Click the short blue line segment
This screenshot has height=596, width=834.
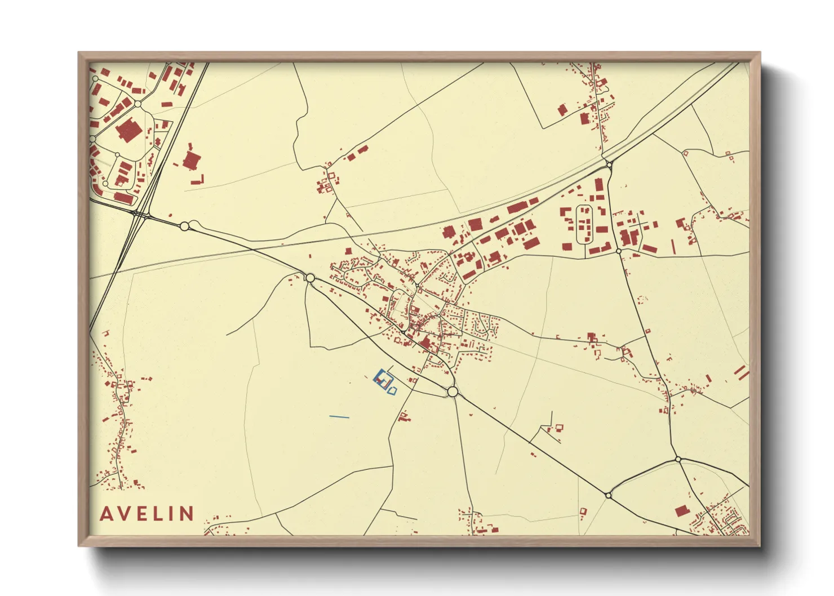point(339,417)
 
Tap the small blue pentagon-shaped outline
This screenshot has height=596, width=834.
point(393,390)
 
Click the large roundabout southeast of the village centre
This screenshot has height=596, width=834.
point(452,392)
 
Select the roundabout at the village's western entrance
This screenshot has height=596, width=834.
point(309,278)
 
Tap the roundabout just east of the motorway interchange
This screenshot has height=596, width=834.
point(184,226)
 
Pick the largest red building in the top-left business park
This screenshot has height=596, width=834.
point(128,130)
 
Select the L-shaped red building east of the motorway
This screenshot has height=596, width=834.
point(197,180)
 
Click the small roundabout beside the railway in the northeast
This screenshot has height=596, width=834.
point(609,164)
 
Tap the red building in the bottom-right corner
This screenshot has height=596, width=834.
point(681,511)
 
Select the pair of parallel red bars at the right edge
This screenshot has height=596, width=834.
point(742,372)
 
